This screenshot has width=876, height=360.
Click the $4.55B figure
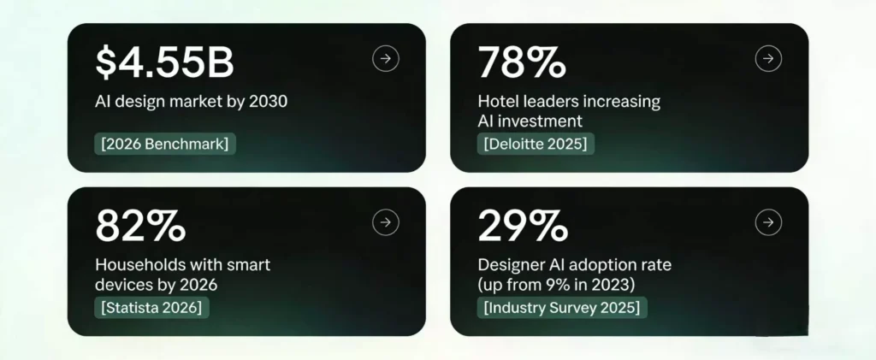(164, 63)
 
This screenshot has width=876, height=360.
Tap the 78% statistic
(521, 63)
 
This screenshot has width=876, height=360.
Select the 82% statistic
(139, 227)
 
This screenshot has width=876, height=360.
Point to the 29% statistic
(522, 227)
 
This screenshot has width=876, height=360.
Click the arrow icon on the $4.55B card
(386, 58)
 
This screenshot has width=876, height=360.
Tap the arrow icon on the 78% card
(768, 58)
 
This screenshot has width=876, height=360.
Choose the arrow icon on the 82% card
(386, 222)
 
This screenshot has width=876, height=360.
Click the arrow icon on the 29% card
(768, 222)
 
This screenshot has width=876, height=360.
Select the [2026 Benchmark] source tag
(164, 144)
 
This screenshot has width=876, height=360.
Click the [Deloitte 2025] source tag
(536, 144)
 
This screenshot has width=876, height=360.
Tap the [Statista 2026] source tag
(153, 307)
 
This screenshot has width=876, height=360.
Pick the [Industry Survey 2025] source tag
(562, 307)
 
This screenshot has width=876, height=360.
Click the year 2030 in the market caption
(267, 102)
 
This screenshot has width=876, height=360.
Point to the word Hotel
(497, 102)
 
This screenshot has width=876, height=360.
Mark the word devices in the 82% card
(121, 285)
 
